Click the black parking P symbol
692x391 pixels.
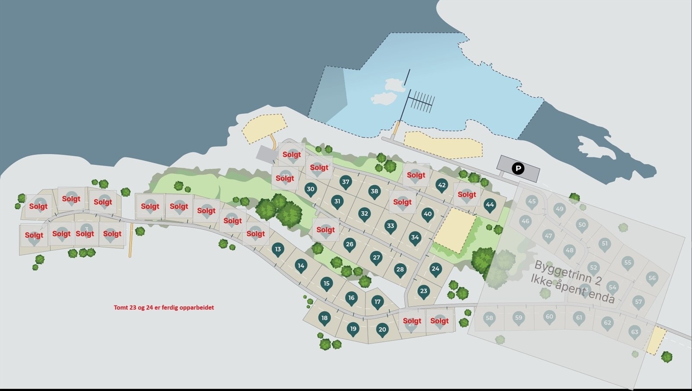coord(518,168)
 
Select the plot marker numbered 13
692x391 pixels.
coord(278,249)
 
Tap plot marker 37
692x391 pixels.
coord(345,182)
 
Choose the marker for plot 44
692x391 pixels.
coord(489,205)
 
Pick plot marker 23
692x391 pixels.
coord(423,291)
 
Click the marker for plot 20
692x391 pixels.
coord(382,330)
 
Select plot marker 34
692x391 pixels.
coord(415,237)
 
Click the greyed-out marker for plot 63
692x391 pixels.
coord(634,332)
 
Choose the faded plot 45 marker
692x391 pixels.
coord(532,201)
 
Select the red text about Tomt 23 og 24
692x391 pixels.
coord(163,308)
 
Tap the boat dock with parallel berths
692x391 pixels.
coord(420,102)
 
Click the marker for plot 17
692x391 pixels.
coord(378,302)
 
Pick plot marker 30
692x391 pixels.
coord(310,189)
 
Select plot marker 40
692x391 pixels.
coord(427,214)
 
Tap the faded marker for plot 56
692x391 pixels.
coord(652,278)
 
